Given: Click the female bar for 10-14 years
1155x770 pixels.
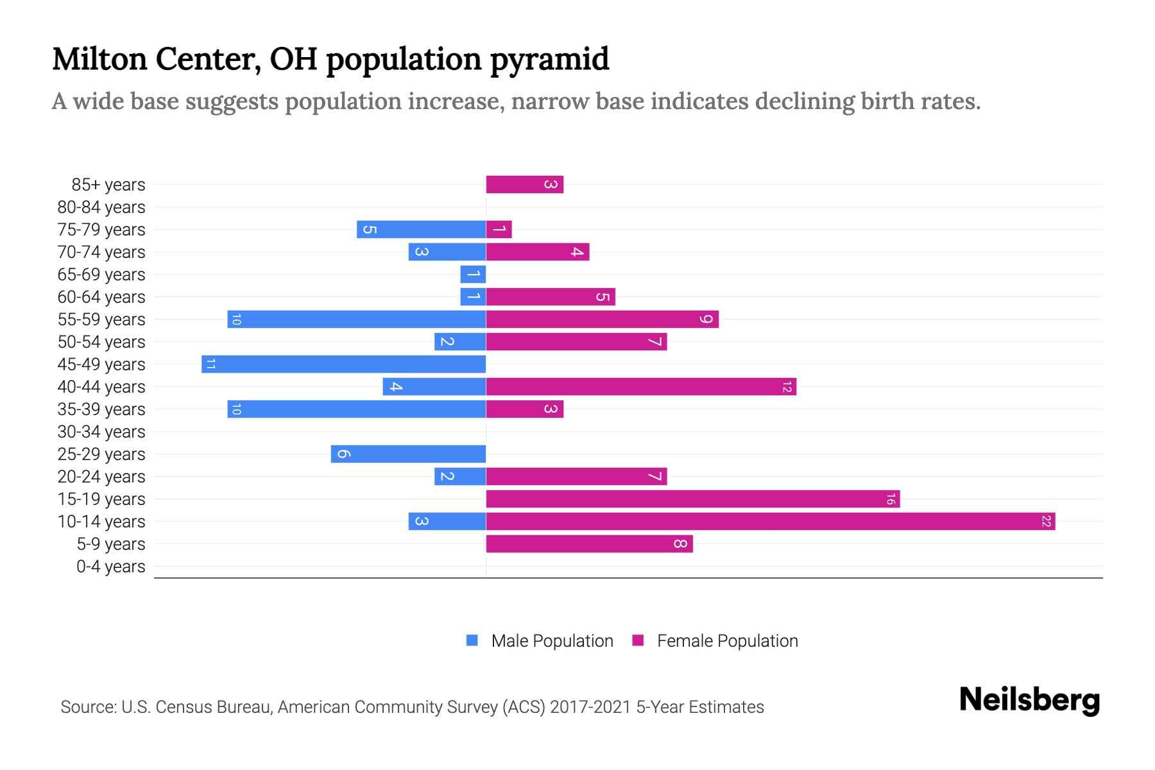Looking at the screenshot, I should (770, 522).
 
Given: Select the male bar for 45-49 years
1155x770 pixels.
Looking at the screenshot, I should (343, 364).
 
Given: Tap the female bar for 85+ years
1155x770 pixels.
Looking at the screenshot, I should (524, 185).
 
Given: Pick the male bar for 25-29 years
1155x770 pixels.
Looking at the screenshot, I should (408, 454).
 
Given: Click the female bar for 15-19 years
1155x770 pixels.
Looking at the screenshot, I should (693, 499).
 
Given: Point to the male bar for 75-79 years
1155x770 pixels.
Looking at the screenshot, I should (421, 230).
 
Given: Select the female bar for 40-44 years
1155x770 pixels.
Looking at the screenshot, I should (641, 387).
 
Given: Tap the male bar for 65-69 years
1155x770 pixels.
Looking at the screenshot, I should (473, 275).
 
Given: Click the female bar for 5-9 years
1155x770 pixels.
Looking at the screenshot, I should (589, 544).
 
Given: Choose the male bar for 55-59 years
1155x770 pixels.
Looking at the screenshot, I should (356, 320).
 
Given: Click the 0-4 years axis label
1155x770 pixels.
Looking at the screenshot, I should (110, 567).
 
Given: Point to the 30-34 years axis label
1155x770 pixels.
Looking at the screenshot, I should (101, 432).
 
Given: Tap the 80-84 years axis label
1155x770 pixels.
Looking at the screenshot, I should (101, 207).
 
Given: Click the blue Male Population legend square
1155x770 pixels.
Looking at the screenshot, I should (472, 640).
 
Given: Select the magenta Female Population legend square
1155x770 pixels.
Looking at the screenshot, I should (638, 640).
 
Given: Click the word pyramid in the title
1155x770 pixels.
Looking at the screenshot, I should (549, 59).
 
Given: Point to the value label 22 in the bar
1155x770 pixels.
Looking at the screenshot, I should (1046, 522).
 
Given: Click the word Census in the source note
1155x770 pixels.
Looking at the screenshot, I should (183, 707).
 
